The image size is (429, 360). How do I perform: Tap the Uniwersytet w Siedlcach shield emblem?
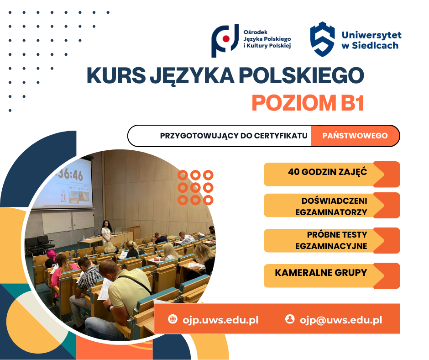pos(322,39)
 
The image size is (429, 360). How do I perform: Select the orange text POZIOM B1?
pos(308,103)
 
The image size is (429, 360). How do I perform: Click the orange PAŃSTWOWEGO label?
pos(355,136)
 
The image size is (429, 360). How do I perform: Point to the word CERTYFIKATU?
pos(281,136)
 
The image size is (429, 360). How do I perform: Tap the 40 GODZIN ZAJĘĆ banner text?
pos(328,172)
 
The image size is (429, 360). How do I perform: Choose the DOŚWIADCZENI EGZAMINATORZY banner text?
pos(331,206)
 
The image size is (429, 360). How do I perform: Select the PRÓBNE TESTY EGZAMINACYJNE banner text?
pos(331,240)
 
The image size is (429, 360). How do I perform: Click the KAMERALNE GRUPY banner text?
pos(321,273)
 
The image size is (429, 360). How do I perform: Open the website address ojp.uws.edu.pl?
pos(220,320)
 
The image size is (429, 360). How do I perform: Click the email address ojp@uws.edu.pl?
pos(341,320)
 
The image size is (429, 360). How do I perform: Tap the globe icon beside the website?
pos(173,319)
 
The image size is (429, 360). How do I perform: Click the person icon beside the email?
pos(290,319)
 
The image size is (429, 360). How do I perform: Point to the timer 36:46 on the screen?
pos(69,175)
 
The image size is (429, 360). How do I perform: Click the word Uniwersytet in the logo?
pos(371,35)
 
